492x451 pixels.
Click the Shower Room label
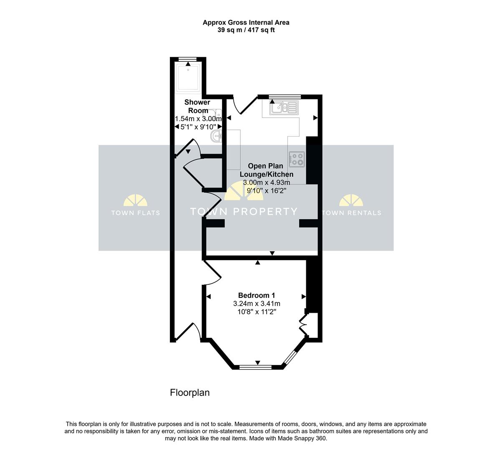(x=197, y=106)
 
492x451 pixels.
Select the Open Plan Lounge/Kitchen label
(x=266, y=170)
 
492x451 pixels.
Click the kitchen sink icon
(x=284, y=108)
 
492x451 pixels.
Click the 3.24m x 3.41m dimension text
(x=256, y=304)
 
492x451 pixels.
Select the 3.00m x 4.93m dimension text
(x=266, y=182)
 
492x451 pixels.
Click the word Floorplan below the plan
(x=189, y=393)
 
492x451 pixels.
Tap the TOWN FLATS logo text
(x=135, y=213)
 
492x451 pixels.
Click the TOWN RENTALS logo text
(x=351, y=213)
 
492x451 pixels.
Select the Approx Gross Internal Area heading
(x=246, y=23)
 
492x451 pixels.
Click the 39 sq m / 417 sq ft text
(x=246, y=30)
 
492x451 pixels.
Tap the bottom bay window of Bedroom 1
(x=255, y=367)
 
